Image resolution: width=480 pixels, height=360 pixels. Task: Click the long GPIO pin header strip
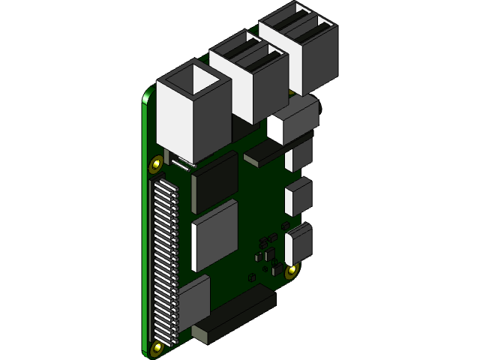point(163,259)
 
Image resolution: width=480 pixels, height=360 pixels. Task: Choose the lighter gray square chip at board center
point(214,235)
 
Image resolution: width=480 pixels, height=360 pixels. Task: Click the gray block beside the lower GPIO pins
point(193,307)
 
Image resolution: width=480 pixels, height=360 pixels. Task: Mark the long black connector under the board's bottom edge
point(234,319)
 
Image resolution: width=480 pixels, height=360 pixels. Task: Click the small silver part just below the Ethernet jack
point(179,160)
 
